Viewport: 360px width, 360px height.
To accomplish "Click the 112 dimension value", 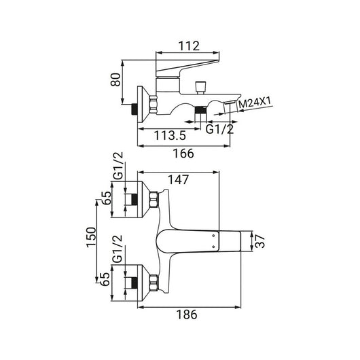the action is click(x=189, y=46).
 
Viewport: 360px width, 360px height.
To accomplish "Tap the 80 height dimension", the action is click(x=115, y=79).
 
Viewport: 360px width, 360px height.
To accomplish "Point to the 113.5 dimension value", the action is click(x=170, y=135).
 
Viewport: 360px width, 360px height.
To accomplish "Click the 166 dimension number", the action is click(x=183, y=154).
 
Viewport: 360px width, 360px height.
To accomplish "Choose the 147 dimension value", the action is click(x=179, y=179).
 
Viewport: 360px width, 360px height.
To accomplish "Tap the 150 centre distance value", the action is click(x=91, y=237).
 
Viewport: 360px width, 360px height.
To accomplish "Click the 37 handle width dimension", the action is click(x=260, y=242).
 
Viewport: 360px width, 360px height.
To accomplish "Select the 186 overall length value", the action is click(x=187, y=314).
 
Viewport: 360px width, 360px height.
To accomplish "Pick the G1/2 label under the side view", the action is click(x=219, y=129).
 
